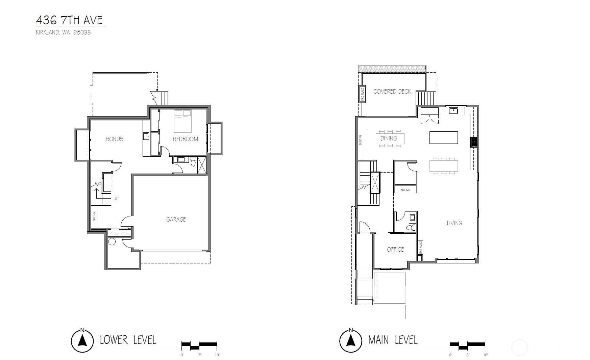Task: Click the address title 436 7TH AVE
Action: point(69,20)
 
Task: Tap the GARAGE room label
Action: point(176,220)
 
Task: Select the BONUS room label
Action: point(114,139)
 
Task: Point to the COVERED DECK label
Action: point(392,92)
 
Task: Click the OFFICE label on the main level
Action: point(395,250)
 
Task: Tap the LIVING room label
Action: point(454,223)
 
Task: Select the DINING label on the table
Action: point(389,138)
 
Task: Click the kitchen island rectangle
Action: point(443,138)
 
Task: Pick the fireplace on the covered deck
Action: point(362,94)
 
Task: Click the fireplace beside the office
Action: point(420,247)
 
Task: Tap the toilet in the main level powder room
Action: point(411,228)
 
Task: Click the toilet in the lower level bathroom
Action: point(193,163)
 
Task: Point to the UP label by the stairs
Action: point(116,199)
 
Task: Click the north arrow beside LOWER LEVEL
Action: point(82,341)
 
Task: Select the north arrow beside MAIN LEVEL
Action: point(350,341)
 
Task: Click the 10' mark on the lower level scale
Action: point(217,355)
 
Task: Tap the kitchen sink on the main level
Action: point(453,110)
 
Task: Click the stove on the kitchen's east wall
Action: point(474,142)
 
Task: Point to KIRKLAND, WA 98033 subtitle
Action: point(63,33)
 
